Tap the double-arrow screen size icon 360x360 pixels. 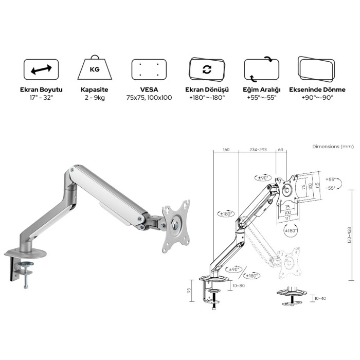pyautogui.click(x=41, y=69)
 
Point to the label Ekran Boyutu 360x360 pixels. pyautogui.click(x=41, y=89)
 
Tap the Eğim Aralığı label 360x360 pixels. pyautogui.click(x=261, y=89)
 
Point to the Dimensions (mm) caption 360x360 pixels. pyautogui.click(x=332, y=147)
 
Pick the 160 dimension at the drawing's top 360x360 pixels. pyautogui.click(x=226, y=150)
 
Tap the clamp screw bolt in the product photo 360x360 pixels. pyautogui.click(x=26, y=280)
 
